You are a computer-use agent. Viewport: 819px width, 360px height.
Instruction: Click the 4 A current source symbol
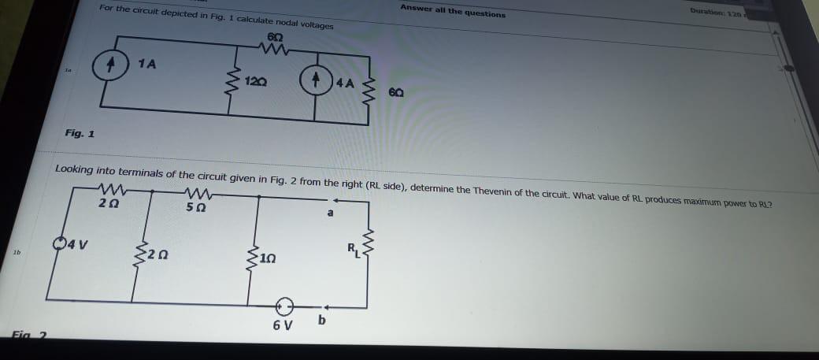coord(315,80)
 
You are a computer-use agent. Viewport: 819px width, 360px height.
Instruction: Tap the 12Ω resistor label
coord(256,81)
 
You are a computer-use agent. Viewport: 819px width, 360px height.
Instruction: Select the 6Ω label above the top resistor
coord(275,38)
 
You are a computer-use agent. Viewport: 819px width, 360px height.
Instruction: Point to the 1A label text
coord(146,64)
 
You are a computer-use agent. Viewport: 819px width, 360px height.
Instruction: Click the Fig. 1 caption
coord(80,133)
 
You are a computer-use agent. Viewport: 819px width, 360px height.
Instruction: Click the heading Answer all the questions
coord(453,10)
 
